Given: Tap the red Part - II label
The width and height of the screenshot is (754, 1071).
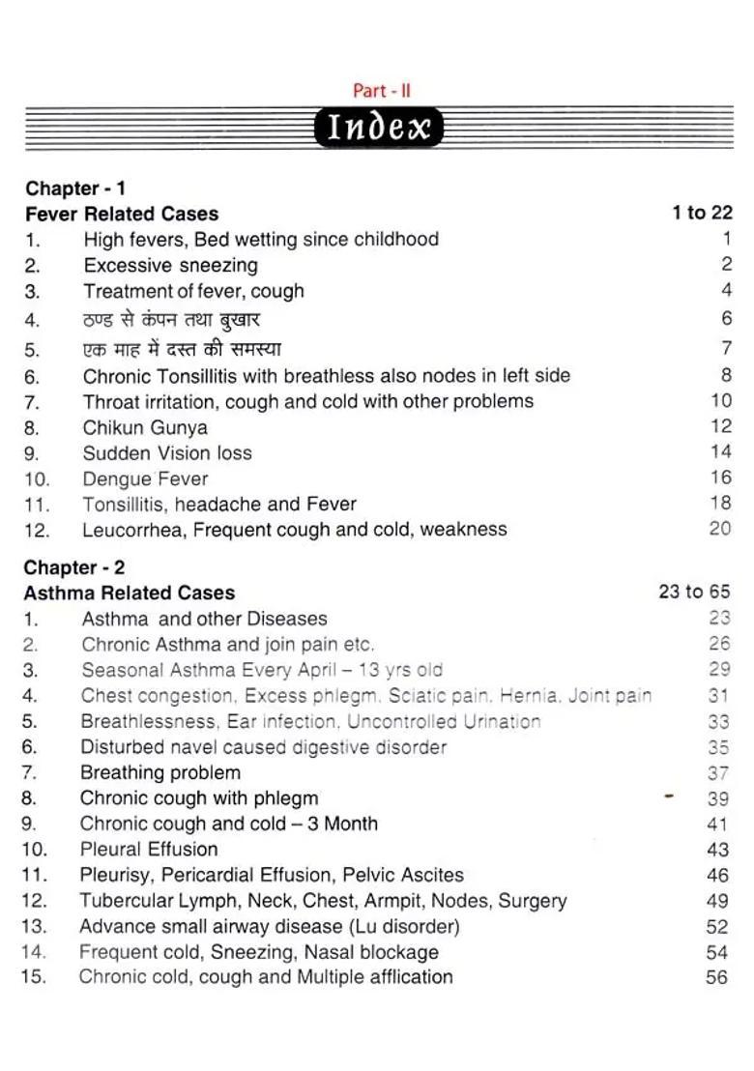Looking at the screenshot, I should tap(382, 91).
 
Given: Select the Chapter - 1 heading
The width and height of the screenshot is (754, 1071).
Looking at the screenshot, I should tap(75, 188).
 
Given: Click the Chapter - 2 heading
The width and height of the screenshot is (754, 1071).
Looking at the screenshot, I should tap(74, 567).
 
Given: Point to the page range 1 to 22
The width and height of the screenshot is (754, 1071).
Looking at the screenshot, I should tap(702, 213).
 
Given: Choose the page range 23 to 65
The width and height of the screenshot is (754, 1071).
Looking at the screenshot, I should tap(694, 592).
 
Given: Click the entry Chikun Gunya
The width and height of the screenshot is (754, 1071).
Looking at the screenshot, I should tap(145, 427).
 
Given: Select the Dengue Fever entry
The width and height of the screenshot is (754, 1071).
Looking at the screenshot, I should tap(145, 478).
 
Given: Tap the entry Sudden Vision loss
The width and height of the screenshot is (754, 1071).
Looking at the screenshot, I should tap(167, 452).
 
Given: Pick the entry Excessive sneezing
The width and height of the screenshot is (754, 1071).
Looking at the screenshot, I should tap(170, 265).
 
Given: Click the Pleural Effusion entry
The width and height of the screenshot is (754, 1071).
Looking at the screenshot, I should tap(149, 849).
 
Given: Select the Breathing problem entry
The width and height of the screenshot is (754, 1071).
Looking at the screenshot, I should tap(160, 772).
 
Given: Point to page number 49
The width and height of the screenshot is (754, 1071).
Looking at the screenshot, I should tap(717, 901).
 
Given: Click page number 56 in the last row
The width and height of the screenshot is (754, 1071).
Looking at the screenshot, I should tap(717, 977).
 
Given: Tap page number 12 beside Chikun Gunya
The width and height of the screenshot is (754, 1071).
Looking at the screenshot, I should tap(721, 426).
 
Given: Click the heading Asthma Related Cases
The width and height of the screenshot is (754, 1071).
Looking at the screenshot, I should tap(130, 593).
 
